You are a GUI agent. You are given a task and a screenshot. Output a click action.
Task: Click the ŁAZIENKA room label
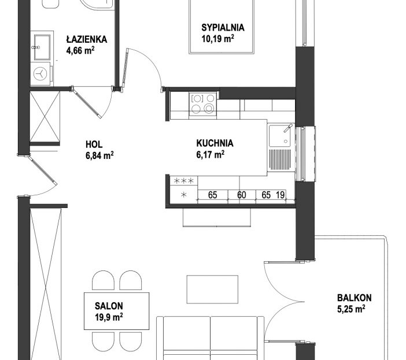click(87, 39)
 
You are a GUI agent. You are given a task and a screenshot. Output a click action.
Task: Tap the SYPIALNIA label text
click(223, 28)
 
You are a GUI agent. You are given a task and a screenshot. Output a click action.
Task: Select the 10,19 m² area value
click(218, 39)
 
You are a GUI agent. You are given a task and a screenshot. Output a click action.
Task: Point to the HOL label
click(94, 144)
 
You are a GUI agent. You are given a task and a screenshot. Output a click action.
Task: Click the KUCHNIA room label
click(215, 143)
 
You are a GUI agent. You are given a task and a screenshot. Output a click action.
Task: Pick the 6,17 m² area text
click(211, 154)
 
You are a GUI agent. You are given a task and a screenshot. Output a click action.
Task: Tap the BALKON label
click(354, 298)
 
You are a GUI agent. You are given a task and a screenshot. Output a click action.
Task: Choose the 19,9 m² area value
click(109, 317)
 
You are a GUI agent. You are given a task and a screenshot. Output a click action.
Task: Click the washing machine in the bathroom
click(40, 74)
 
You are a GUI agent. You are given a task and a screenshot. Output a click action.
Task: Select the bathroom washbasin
click(42, 47)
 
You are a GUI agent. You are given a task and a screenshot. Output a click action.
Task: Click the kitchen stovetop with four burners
click(203, 104)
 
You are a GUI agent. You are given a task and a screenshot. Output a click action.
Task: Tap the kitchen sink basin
click(280, 136)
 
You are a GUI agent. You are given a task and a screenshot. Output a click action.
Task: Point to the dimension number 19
click(280, 195)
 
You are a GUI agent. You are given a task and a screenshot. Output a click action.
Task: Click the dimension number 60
click(242, 195)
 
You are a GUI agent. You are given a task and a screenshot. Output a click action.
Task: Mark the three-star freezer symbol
click(183, 180)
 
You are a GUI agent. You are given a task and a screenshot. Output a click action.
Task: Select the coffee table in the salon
click(212, 290)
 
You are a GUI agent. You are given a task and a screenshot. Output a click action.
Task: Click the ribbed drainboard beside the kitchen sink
click(280, 159)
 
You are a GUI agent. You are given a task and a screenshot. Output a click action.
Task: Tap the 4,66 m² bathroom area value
click(80, 50)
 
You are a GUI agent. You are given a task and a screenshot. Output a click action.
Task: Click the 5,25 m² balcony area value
click(351, 309)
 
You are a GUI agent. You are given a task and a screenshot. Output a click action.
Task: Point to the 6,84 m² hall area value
click(99, 155)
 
